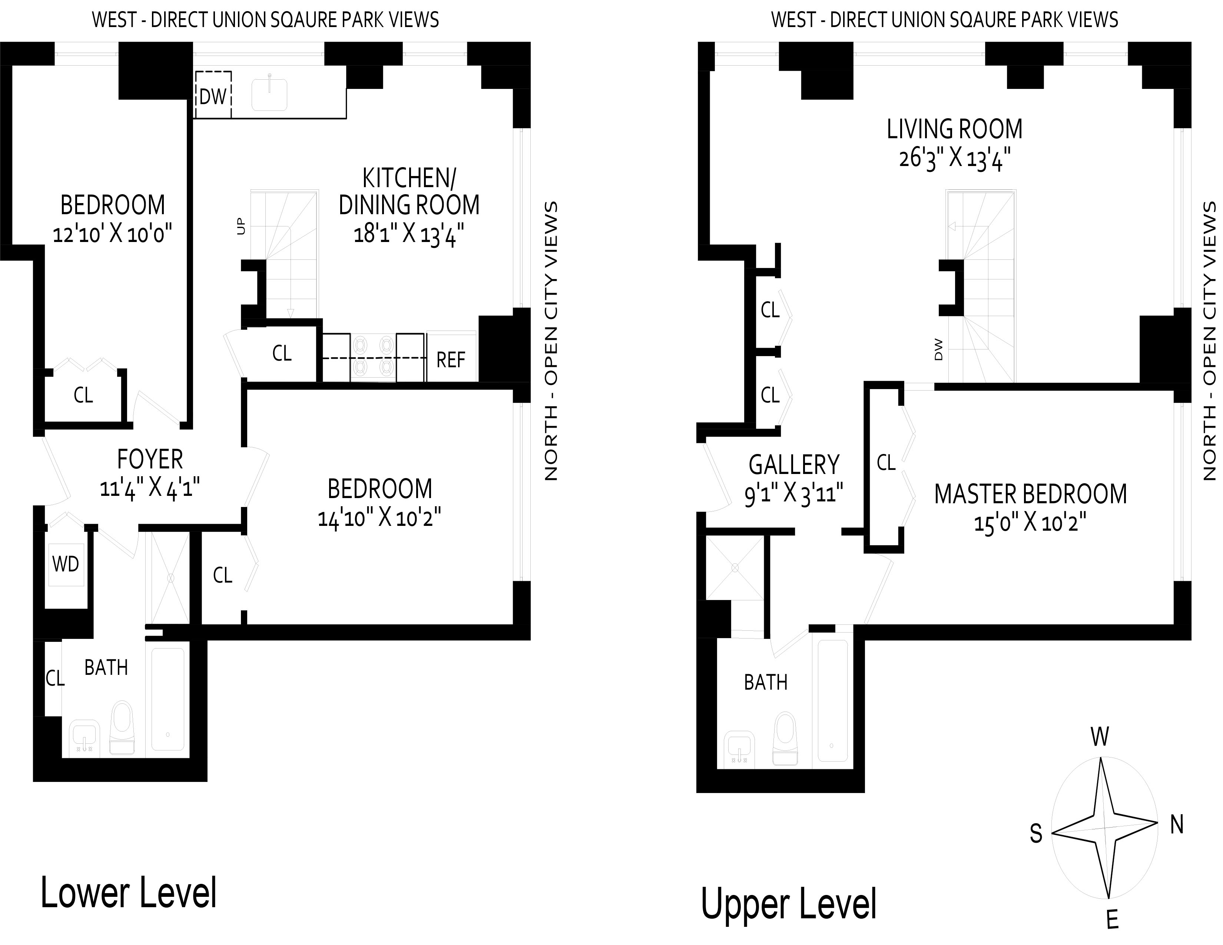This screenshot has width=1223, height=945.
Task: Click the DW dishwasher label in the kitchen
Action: coord(213,97)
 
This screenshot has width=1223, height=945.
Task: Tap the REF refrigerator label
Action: coord(451,359)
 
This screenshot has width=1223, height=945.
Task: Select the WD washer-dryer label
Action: coord(66,564)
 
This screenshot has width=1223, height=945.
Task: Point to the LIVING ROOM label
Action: coord(954,129)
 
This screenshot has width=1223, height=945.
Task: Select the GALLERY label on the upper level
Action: coord(794,465)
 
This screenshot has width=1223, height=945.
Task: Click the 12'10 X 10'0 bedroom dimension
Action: coord(112,233)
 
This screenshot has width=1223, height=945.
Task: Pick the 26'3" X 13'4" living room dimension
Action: coord(954,159)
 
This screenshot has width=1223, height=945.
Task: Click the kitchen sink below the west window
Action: coord(269,94)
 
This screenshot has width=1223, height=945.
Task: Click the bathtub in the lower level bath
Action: coord(168,700)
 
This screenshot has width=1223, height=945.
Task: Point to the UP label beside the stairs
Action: coord(241,227)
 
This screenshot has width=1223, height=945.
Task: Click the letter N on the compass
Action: coord(1177,825)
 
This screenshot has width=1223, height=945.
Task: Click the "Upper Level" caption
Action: coord(788,903)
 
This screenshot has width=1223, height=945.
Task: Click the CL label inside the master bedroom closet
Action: coord(886,463)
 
